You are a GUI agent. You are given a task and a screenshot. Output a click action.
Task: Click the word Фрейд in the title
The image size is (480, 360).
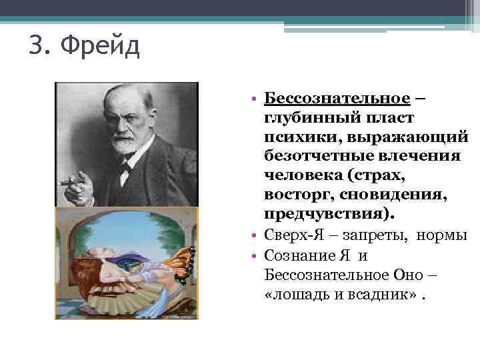click(x=99, y=47)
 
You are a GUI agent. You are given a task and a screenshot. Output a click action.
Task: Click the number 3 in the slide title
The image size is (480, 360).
click(x=37, y=47)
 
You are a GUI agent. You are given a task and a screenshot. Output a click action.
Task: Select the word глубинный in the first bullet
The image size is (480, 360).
click(x=305, y=118)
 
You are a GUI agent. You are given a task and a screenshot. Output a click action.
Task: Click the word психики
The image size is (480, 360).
click(x=295, y=137)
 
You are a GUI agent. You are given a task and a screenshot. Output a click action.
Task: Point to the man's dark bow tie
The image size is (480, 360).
click(x=125, y=167)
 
